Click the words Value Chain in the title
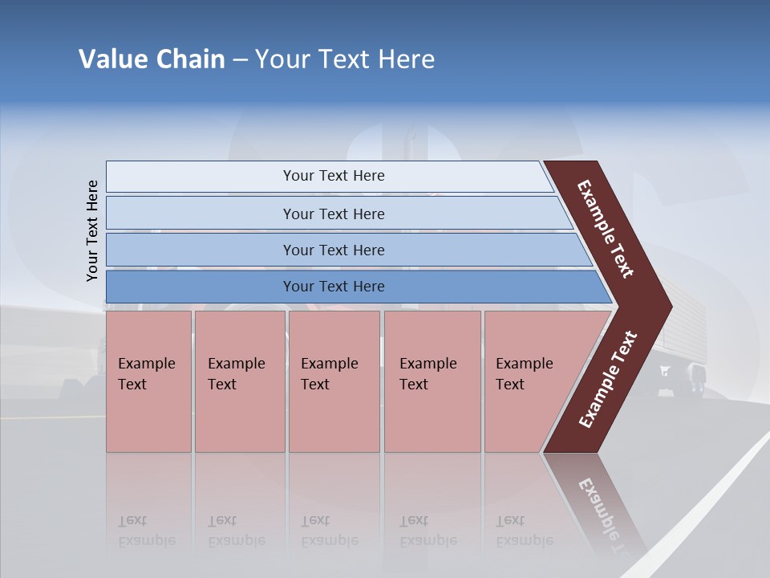[152, 59]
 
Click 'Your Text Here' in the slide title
[345, 59]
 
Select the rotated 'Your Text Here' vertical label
[92, 231]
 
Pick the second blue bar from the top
[333, 214]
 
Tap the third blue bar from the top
[333, 250]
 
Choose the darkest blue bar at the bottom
[333, 287]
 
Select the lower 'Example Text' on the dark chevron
[608, 380]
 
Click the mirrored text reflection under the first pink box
[147, 531]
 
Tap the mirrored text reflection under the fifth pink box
[525, 531]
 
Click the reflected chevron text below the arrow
[606, 510]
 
